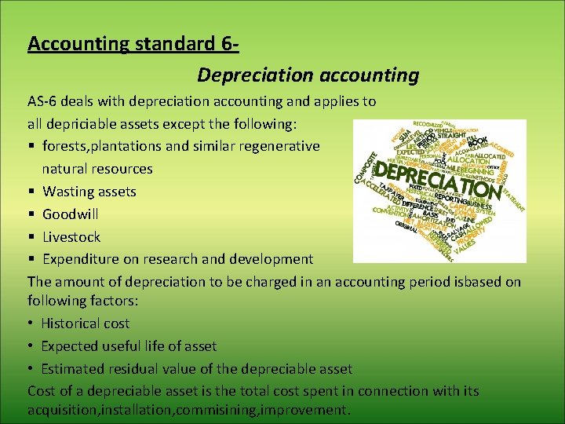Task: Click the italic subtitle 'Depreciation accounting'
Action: coord(308,75)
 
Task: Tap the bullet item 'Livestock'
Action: coord(71,236)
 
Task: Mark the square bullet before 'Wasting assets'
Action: coord(32,192)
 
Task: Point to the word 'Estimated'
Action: coord(75,368)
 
